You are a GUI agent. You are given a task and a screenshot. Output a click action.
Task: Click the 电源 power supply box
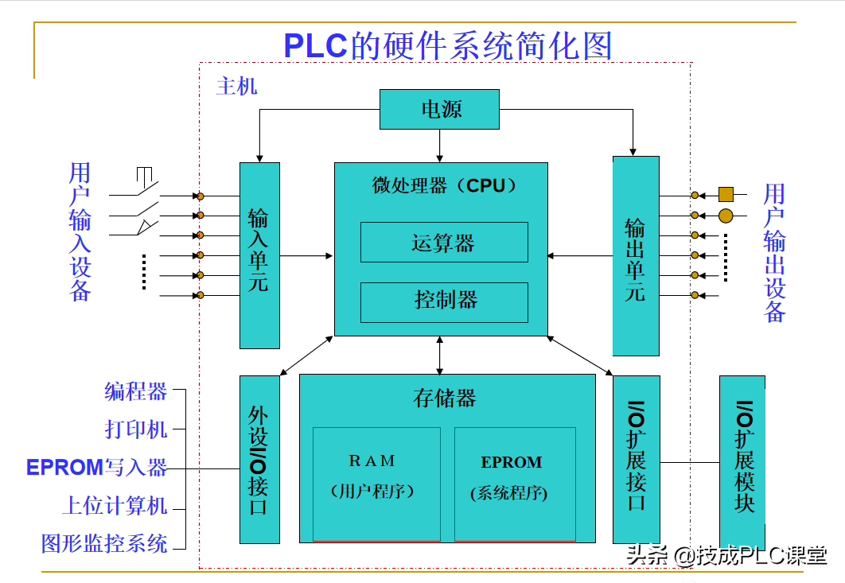pyautogui.click(x=440, y=109)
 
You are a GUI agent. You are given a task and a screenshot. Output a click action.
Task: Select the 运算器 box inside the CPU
pyautogui.click(x=444, y=243)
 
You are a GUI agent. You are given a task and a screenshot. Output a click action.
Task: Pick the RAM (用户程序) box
pyautogui.click(x=376, y=484)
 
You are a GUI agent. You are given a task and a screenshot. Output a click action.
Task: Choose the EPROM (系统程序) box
pyautogui.click(x=514, y=484)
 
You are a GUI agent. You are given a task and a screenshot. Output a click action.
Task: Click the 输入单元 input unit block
pyautogui.click(x=259, y=255)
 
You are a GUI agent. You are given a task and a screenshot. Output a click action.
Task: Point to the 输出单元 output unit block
pyautogui.click(x=635, y=255)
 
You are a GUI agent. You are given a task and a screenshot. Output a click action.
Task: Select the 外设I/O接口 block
pyautogui.click(x=259, y=459)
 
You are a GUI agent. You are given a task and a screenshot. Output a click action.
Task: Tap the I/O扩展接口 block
pyautogui.click(x=637, y=459)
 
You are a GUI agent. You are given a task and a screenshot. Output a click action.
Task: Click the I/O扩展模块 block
pyautogui.click(x=742, y=459)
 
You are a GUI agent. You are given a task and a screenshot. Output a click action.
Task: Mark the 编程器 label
pyautogui.click(x=136, y=391)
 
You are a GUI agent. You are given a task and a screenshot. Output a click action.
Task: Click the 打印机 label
pyautogui.click(x=136, y=429)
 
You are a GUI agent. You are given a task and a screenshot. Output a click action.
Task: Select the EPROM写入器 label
pyautogui.click(x=97, y=468)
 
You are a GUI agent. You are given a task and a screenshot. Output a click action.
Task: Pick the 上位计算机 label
pyautogui.click(x=115, y=506)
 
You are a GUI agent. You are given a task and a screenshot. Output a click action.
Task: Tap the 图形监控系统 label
pyautogui.click(x=104, y=544)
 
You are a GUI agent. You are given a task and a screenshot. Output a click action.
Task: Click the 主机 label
pyautogui.click(x=236, y=86)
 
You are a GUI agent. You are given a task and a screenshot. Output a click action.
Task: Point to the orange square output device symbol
pyautogui.click(x=725, y=194)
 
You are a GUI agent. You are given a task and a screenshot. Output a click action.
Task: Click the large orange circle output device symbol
pyautogui.click(x=726, y=215)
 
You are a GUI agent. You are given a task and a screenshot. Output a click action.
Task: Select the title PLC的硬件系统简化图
pyautogui.click(x=448, y=46)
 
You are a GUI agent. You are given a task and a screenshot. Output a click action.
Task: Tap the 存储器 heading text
pyautogui.click(x=445, y=398)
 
